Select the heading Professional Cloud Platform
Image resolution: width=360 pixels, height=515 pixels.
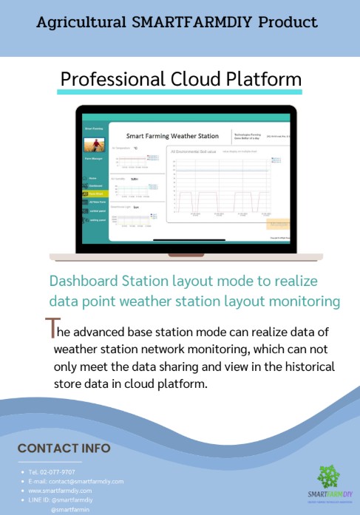tap(180, 78)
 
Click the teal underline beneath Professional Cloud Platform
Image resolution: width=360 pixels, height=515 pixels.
tap(180, 92)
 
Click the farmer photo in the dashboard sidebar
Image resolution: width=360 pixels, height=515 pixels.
tap(98, 146)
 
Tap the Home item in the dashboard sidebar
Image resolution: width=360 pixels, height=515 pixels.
tap(93, 178)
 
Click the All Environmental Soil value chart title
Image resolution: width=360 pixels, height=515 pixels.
tap(194, 151)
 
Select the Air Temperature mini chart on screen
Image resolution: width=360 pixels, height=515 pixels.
tap(137, 162)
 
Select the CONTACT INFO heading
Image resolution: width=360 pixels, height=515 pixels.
tap(64, 449)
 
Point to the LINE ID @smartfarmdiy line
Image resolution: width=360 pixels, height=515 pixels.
tap(60, 500)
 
